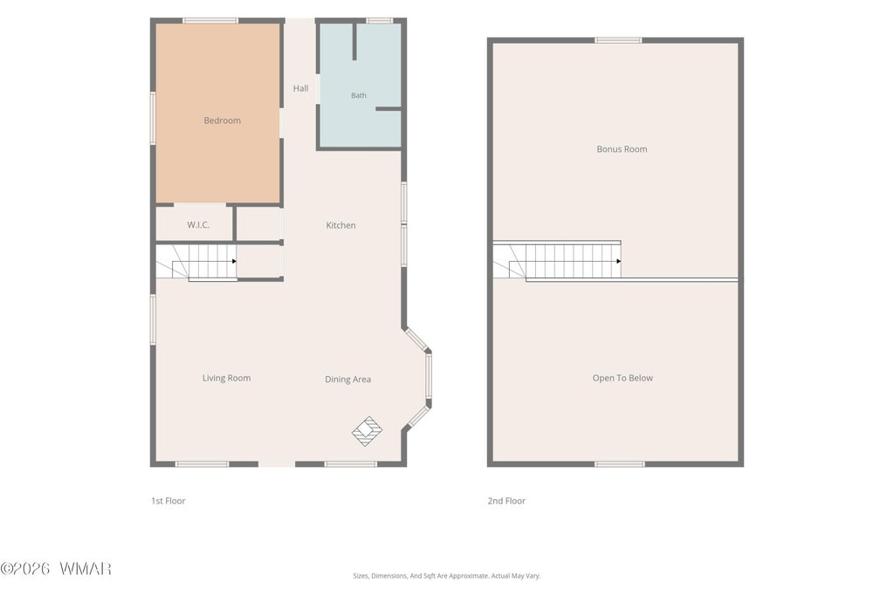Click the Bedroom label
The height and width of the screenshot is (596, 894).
pyautogui.click(x=223, y=120)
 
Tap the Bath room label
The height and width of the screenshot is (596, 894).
pyautogui.click(x=359, y=95)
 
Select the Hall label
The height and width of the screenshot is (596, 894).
pyautogui.click(x=300, y=88)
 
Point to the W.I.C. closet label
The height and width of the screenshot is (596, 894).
pyautogui.click(x=198, y=224)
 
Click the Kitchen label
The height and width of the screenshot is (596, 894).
pyautogui.click(x=341, y=225)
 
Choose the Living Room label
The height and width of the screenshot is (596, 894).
pyautogui.click(x=226, y=378)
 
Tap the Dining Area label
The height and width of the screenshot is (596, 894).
pyautogui.click(x=347, y=379)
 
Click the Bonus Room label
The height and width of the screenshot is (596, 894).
pyautogui.click(x=622, y=148)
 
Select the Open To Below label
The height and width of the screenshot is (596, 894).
pyautogui.click(x=622, y=378)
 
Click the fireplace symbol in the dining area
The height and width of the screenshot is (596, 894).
pyautogui.click(x=367, y=431)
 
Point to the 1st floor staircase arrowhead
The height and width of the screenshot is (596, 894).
pyautogui.click(x=234, y=261)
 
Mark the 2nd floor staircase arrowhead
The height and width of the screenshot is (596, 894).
pyautogui.click(x=619, y=261)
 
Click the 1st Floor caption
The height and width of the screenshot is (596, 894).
pyautogui.click(x=168, y=501)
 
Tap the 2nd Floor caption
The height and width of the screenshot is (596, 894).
pyautogui.click(x=506, y=501)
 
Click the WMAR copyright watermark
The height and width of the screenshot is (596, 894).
pyautogui.click(x=56, y=568)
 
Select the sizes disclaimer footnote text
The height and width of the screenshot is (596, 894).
pyautogui.click(x=446, y=575)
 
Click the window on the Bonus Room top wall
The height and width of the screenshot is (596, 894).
pyautogui.click(x=619, y=40)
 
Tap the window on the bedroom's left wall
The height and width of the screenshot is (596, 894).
pyautogui.click(x=153, y=118)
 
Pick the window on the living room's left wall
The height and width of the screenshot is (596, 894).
pyautogui.click(x=153, y=319)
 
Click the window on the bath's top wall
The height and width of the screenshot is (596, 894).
pyautogui.click(x=380, y=21)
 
